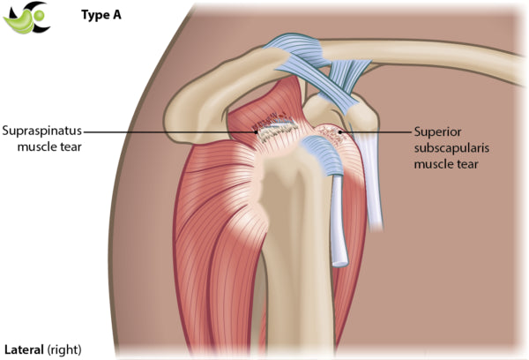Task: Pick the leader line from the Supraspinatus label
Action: coord(176,131)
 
